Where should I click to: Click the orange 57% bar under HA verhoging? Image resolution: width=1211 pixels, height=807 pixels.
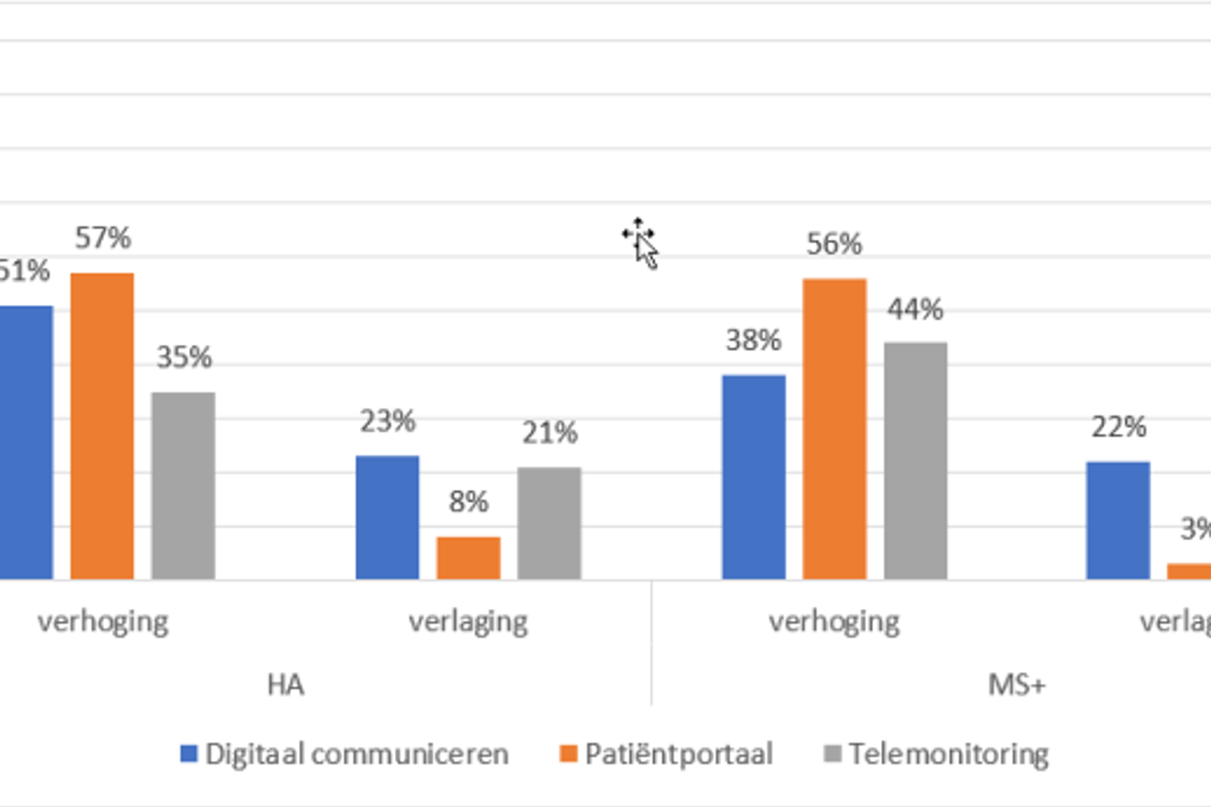102,426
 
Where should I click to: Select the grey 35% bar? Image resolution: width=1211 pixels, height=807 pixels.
183,485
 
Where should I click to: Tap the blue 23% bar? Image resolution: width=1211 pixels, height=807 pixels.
387,517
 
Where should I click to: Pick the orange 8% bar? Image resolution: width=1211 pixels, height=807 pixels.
468,558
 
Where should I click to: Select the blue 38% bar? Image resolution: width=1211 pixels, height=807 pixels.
754,476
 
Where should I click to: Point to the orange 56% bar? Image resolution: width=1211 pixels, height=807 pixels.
834,428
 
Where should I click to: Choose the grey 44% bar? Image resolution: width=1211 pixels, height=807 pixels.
915,460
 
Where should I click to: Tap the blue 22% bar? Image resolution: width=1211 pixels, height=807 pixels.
1118,520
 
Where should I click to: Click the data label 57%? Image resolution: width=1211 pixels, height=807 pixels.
103,239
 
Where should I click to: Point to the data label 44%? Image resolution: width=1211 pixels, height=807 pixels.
915,310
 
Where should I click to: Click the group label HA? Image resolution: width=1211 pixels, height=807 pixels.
286,685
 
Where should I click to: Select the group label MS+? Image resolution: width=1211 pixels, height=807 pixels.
1017,685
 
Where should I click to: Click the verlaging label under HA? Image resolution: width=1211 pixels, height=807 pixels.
468,622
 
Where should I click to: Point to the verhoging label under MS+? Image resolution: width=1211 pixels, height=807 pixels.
834,622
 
